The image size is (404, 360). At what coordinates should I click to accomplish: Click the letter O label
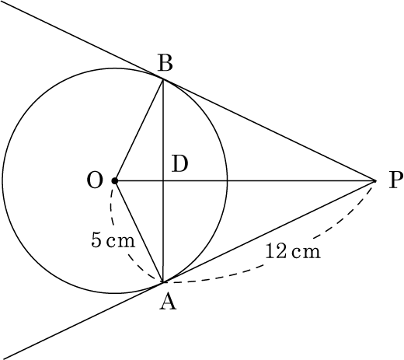tap(95, 180)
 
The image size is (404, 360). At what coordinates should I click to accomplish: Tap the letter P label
tap(395, 180)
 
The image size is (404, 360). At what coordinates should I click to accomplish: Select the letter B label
tap(165, 63)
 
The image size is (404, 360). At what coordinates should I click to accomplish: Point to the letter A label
tap(168, 302)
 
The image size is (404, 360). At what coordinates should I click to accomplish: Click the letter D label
tap(179, 164)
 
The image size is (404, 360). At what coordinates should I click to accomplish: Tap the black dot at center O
tap(115, 180)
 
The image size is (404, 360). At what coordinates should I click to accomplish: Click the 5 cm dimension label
tap(113, 239)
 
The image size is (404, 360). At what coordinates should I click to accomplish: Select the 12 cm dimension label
tap(293, 251)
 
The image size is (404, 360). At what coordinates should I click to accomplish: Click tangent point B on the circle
tap(163, 79)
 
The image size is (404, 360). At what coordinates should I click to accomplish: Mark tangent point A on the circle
tap(163, 282)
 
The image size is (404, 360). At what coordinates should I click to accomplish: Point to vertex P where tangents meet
tap(375, 180)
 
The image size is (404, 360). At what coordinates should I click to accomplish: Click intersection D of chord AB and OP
tap(163, 180)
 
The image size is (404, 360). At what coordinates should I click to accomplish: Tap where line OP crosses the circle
tap(227, 180)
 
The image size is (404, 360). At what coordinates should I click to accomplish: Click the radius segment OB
tap(139, 130)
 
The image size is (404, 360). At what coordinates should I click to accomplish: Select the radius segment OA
tap(139, 231)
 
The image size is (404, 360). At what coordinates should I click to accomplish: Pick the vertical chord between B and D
tap(163, 130)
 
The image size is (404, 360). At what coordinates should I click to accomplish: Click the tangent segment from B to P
tap(269, 130)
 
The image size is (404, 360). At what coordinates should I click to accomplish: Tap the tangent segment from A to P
tap(269, 231)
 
